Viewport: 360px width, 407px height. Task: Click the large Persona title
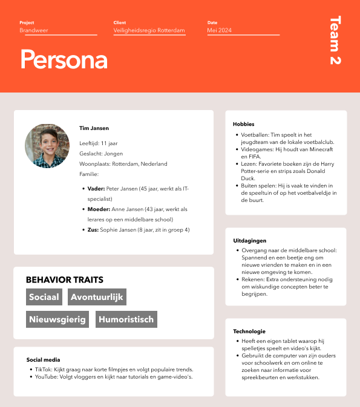click(x=64, y=59)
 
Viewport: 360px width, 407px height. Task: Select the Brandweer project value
click(x=34, y=30)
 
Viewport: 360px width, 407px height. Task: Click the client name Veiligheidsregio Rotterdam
click(x=149, y=30)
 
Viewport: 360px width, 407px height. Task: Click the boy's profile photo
click(x=47, y=146)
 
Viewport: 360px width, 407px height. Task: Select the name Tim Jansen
click(x=94, y=128)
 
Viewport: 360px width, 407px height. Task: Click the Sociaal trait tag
click(x=44, y=297)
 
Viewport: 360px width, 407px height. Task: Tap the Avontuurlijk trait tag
click(x=97, y=297)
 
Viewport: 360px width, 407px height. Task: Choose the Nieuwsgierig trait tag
click(x=57, y=319)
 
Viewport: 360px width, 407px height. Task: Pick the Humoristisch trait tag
click(x=126, y=319)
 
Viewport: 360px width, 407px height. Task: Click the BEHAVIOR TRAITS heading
click(x=64, y=280)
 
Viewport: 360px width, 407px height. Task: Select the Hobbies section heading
click(x=243, y=124)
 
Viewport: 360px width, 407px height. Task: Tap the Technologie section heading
click(x=249, y=331)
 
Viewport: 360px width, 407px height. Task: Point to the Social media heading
click(x=43, y=359)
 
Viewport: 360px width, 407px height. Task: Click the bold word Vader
click(x=96, y=189)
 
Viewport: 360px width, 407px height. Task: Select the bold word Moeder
click(x=98, y=209)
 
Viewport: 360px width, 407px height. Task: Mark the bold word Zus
click(x=93, y=230)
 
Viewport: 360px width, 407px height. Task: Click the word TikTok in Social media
click(x=43, y=369)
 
